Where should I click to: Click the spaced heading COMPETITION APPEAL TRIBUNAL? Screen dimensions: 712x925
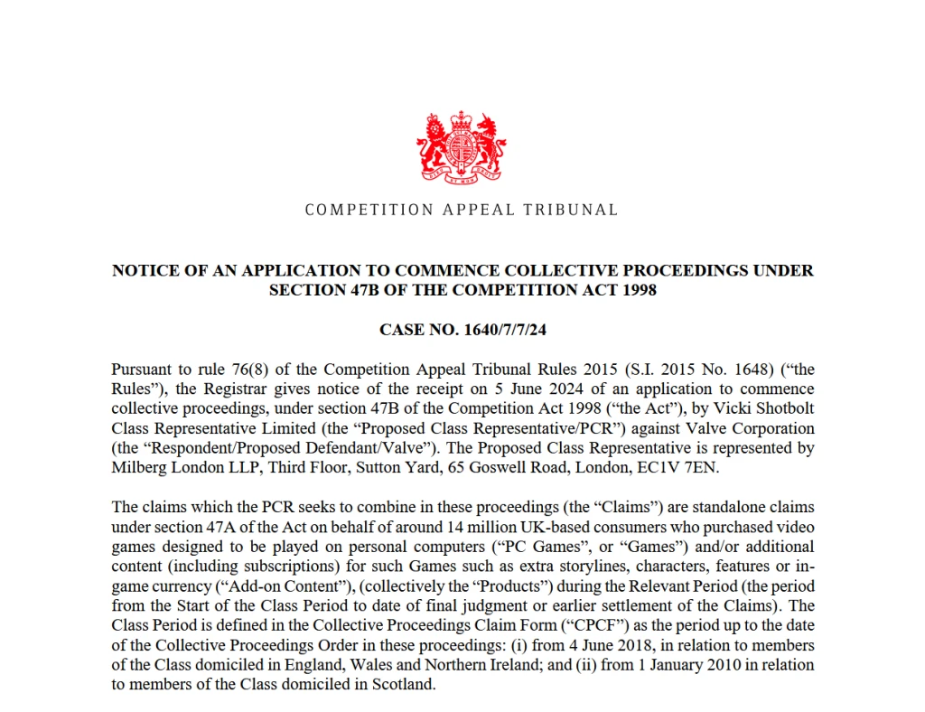(x=462, y=210)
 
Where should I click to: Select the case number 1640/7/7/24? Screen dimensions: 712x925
(x=500, y=330)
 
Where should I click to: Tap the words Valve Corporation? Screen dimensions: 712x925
(x=758, y=428)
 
